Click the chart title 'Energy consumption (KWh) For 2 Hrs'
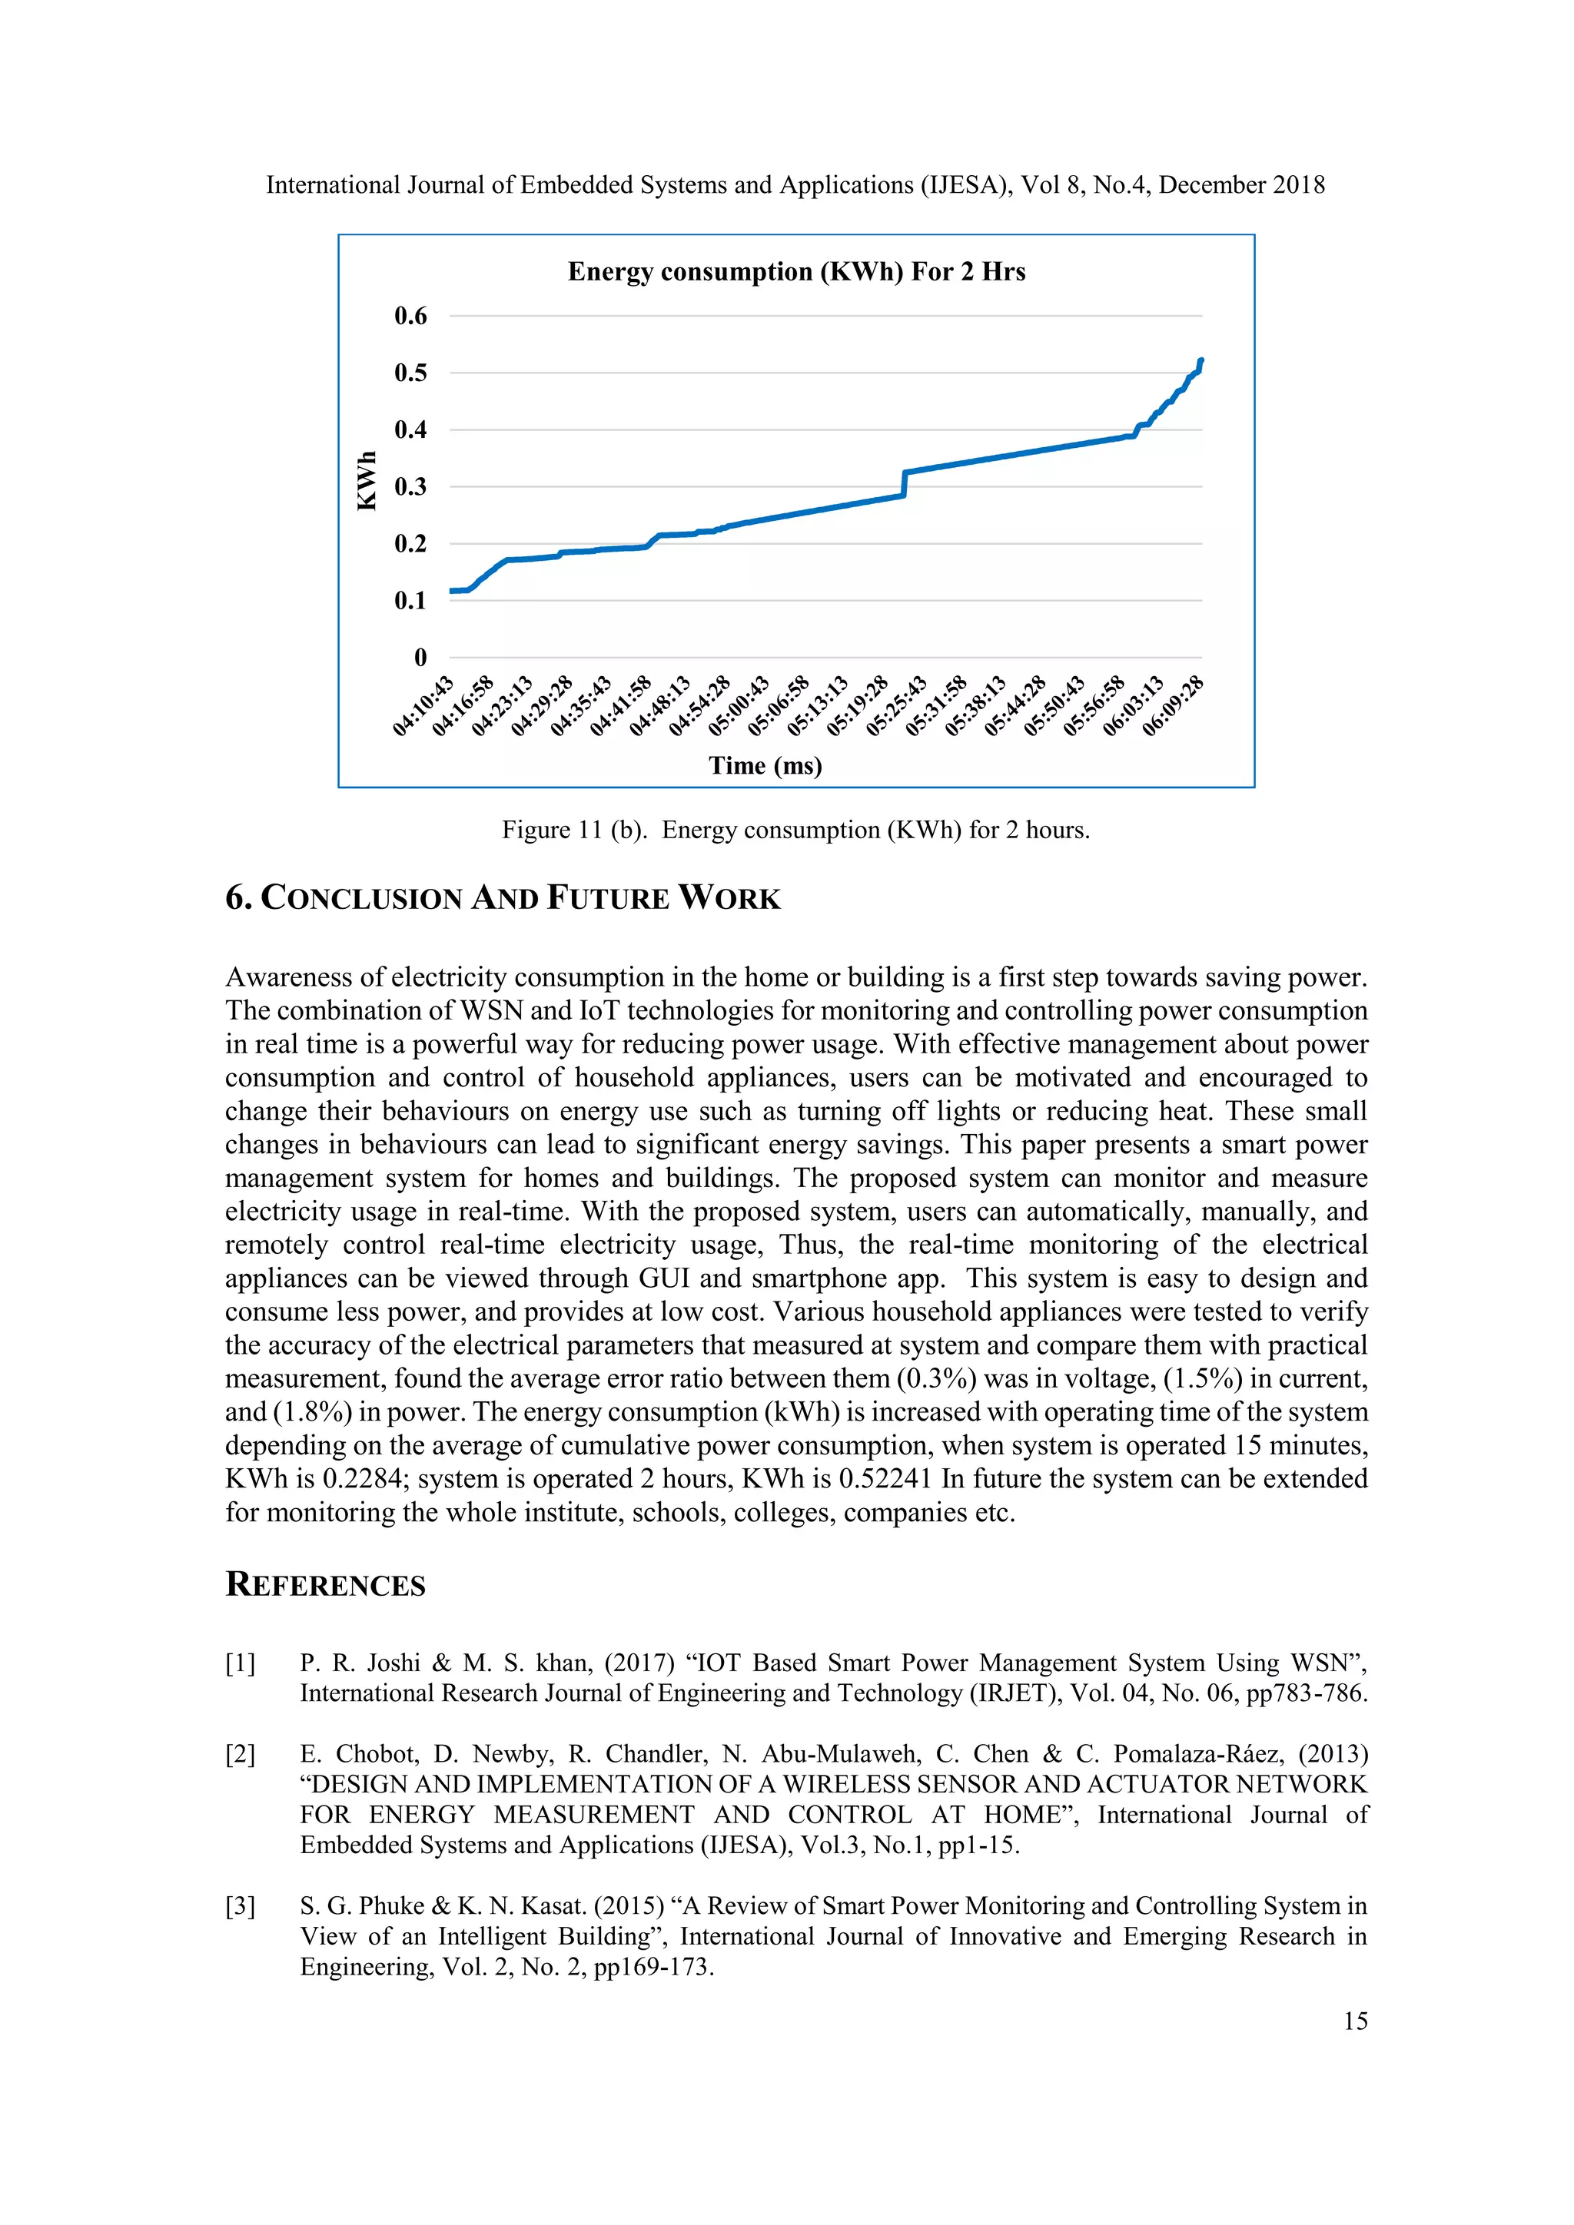click(x=795, y=271)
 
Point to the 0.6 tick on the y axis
click(x=410, y=316)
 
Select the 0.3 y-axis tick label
click(x=410, y=486)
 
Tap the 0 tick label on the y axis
click(x=420, y=658)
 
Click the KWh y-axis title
click(x=367, y=481)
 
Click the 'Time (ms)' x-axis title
click(x=765, y=765)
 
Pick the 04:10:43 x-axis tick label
click(x=423, y=707)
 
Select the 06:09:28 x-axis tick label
click(x=1173, y=707)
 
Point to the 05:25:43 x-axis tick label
click(x=897, y=707)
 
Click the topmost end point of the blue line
click(x=1200, y=360)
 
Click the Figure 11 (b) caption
click(x=795, y=830)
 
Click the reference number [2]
click(x=241, y=1754)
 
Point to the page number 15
click(x=1355, y=2021)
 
